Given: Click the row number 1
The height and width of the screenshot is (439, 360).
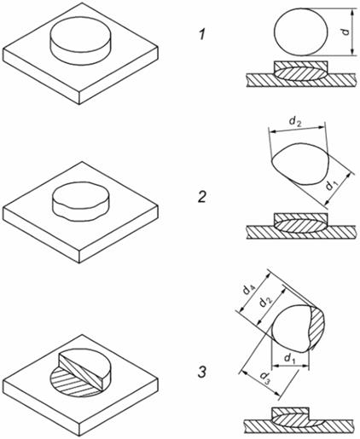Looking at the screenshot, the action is tap(202, 35).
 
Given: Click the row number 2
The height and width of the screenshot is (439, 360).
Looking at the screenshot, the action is tap(202, 197).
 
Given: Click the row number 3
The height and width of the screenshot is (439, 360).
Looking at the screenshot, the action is tap(202, 373).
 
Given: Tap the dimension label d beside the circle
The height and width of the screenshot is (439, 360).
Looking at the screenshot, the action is tap(345, 31).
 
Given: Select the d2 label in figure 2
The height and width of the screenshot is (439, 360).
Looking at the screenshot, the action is tap(295, 121).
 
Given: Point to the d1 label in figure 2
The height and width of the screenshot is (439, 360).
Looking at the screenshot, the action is tap(332, 185).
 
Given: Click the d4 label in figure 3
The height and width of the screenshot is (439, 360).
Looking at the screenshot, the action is tap(249, 290).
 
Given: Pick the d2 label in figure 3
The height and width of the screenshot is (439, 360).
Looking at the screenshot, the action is tap(266, 302).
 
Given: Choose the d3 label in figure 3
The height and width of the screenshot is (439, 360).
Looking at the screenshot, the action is tap(264, 378).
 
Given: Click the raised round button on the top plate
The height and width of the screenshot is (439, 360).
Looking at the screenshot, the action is tap(80, 41).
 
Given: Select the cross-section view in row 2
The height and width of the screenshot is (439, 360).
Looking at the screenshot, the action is tap(301, 226).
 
